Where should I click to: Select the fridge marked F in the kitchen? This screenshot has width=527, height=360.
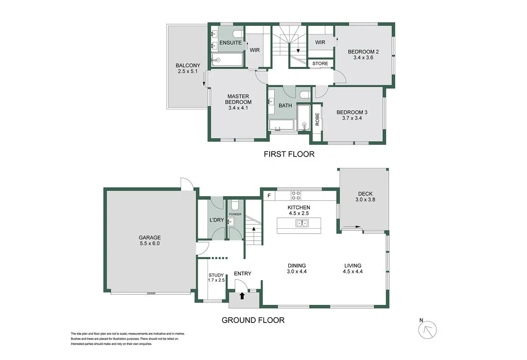(x=269, y=196)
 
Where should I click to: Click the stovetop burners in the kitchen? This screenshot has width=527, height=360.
(x=296, y=196)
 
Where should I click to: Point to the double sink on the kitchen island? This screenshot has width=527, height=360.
(x=302, y=223)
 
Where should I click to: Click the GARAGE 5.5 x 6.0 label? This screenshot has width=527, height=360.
(x=150, y=241)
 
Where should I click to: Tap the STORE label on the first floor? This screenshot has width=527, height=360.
(x=320, y=64)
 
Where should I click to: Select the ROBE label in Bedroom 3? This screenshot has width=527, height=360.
(x=318, y=119)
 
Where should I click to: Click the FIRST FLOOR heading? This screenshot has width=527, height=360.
(x=289, y=154)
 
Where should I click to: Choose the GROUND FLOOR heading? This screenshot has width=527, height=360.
(x=253, y=320)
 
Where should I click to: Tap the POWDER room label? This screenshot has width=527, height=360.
(x=235, y=214)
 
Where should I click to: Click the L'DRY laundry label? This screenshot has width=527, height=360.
(x=216, y=220)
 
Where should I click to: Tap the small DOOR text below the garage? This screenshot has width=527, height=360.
(x=151, y=294)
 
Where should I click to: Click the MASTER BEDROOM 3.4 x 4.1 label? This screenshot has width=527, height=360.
(x=238, y=102)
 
